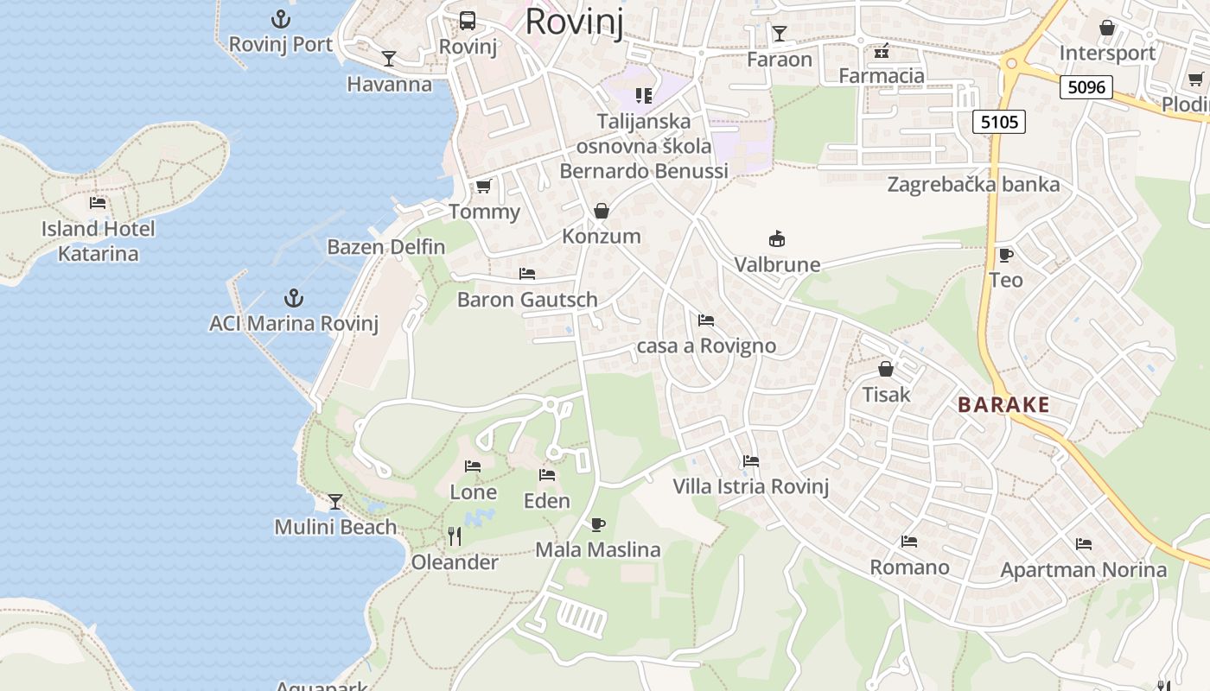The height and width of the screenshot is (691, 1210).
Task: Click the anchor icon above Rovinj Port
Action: pyautogui.click(x=280, y=18)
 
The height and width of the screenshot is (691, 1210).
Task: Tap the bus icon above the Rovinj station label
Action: pyautogui.click(x=468, y=20)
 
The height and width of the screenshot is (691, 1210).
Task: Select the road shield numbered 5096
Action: pyautogui.click(x=1086, y=86)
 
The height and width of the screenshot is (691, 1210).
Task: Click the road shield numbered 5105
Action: pyautogui.click(x=1000, y=122)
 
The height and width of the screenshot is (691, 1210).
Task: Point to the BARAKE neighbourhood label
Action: pyautogui.click(x=1003, y=404)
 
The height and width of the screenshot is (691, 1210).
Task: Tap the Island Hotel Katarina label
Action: pyautogui.click(x=99, y=241)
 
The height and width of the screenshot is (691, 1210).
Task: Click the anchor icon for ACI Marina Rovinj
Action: pyautogui.click(x=294, y=298)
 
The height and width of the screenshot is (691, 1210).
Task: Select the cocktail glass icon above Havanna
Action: pyautogui.click(x=389, y=58)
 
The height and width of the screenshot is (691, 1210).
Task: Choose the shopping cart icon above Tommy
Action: pyautogui.click(x=484, y=186)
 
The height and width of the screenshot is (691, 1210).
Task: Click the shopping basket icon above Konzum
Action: pyautogui.click(x=602, y=210)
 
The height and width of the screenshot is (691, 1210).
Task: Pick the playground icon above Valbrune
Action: pyautogui.click(x=777, y=238)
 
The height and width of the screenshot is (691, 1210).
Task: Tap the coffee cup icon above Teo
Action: pyautogui.click(x=1005, y=254)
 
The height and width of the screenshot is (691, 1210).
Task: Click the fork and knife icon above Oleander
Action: pyautogui.click(x=455, y=536)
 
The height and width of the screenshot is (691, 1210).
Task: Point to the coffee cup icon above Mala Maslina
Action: pyautogui.click(x=597, y=523)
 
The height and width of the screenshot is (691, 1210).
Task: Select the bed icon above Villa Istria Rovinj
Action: pyautogui.click(x=751, y=461)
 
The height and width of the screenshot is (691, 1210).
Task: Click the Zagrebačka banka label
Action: pyautogui.click(x=973, y=184)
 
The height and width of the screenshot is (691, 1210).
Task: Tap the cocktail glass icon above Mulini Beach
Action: pyautogui.click(x=335, y=501)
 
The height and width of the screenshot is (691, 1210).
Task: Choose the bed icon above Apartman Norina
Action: pyautogui.click(x=1084, y=544)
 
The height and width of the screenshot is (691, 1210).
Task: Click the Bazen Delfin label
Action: pyautogui.click(x=385, y=246)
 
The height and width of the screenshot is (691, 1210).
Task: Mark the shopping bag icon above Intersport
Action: pyautogui.click(x=1107, y=28)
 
